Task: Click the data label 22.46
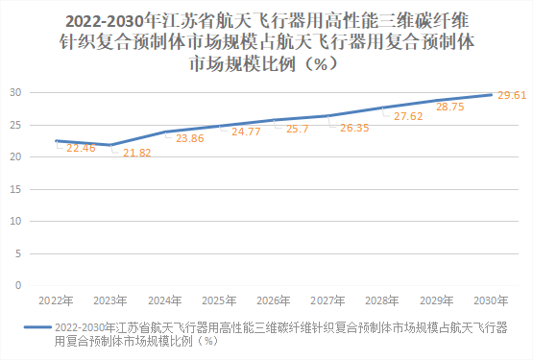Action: [81, 149]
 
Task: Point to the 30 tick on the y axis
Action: [16, 92]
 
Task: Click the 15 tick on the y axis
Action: [16, 189]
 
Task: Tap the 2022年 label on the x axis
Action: [55, 300]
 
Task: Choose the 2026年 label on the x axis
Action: [273, 300]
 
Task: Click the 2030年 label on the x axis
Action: [492, 300]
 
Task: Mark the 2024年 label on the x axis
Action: [164, 300]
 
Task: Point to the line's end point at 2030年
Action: [492, 94]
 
